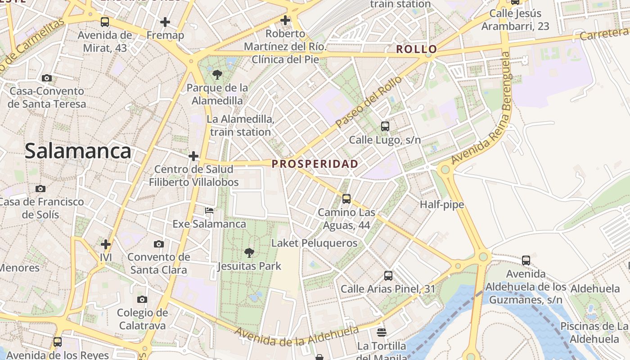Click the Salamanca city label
coord(78,151)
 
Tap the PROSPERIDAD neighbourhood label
coord(315,164)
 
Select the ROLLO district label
coord(416,49)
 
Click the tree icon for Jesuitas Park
coord(249,253)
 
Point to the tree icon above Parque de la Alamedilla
coord(217,74)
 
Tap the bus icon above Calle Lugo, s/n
coord(385,126)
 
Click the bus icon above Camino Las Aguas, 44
coord(346,198)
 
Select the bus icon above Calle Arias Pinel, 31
coord(388,276)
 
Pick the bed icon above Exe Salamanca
coord(209,210)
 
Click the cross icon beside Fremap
coord(165,22)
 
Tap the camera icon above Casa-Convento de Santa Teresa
coord(46,78)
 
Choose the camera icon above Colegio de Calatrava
coord(142,299)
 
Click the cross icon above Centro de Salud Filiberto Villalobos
coord(193,156)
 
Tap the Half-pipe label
coord(441,205)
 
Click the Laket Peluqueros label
coord(314,243)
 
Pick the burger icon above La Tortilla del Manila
coord(382,333)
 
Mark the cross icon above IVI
coord(106,244)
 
